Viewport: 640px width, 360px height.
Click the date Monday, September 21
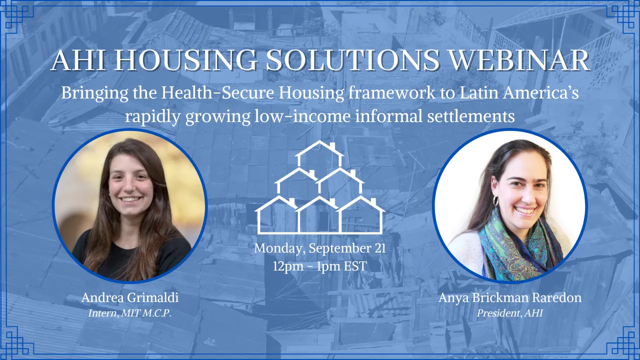tap(320, 248)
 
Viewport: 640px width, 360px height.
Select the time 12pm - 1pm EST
tap(320, 266)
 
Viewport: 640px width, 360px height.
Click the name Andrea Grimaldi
tap(130, 298)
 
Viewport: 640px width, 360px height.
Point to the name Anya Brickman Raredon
tap(510, 298)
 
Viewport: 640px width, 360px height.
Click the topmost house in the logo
tap(320, 154)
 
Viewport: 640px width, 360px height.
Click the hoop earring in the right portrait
tap(495, 201)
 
